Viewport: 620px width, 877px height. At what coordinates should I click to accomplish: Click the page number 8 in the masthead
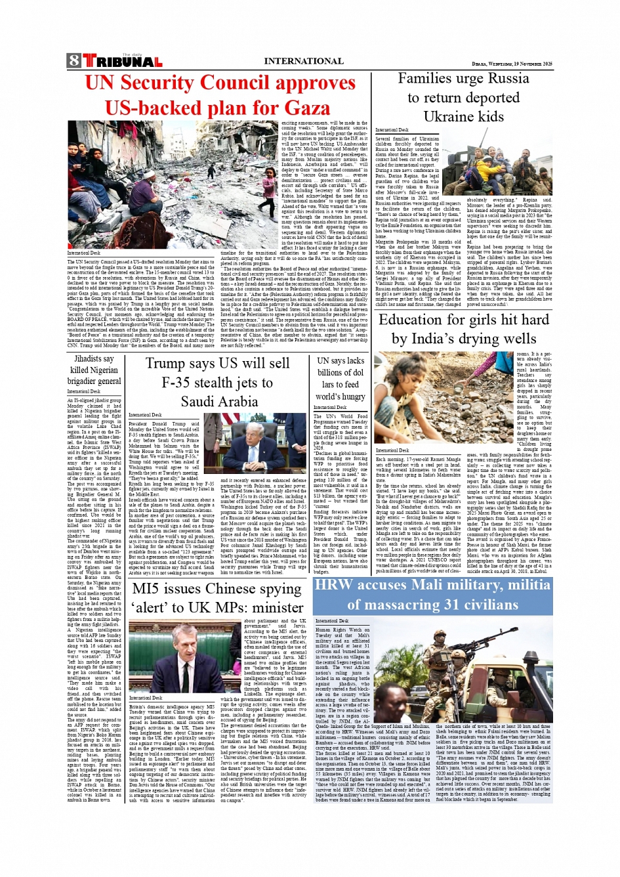coord(73,62)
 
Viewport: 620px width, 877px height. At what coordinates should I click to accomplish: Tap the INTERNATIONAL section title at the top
coord(303,61)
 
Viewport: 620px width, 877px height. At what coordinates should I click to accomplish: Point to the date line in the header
coord(512,64)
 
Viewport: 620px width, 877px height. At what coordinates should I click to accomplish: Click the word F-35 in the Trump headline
coord(182,382)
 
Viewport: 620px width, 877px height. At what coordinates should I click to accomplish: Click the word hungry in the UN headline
coord(351,396)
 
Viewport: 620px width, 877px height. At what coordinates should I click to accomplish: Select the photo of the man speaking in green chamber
coord(185,658)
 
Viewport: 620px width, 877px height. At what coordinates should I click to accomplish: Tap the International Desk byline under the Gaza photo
coord(84,253)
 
